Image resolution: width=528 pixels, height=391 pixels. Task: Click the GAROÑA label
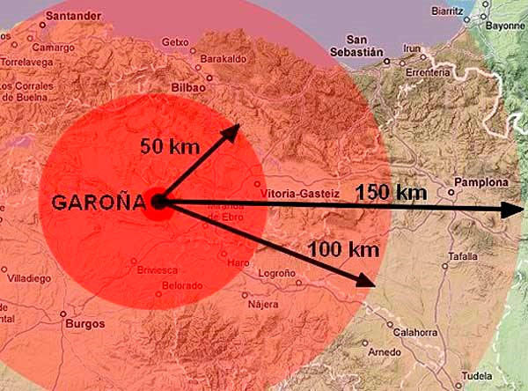tap(98, 202)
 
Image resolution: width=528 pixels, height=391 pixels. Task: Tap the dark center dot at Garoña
tap(159, 203)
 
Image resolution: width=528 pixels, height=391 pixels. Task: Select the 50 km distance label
tap(171, 146)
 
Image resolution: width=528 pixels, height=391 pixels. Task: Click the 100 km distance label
tap(343, 249)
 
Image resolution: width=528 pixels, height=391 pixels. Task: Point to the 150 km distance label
tap(391, 191)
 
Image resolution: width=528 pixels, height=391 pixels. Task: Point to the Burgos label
tap(84, 324)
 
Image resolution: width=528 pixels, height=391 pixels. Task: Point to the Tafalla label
tap(463, 256)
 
